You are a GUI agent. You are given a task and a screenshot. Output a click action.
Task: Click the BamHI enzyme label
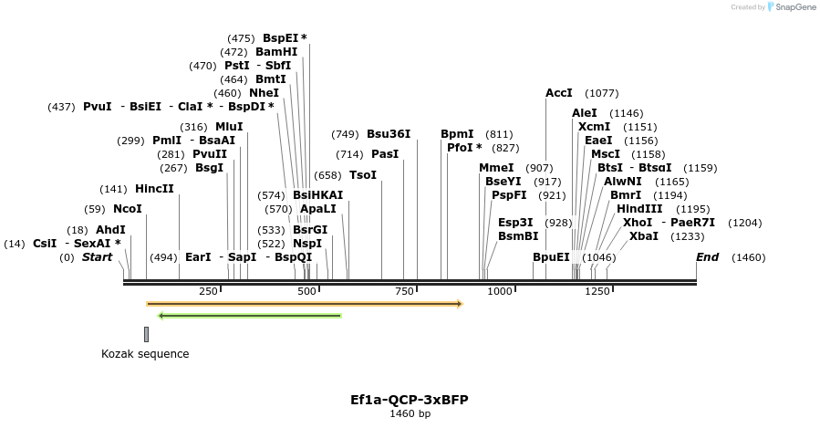click(x=276, y=52)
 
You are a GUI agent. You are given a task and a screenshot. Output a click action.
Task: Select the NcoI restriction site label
click(x=128, y=209)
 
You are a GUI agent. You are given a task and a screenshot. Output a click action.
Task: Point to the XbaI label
click(x=644, y=236)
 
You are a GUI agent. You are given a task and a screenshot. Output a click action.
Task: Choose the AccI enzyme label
click(x=559, y=93)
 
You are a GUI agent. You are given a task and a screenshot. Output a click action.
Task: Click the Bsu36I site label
click(x=389, y=134)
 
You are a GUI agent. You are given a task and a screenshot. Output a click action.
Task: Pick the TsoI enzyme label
click(x=363, y=175)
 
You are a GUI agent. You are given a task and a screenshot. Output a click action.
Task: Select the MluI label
click(x=229, y=127)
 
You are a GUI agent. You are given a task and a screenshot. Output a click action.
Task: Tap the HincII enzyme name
click(x=154, y=189)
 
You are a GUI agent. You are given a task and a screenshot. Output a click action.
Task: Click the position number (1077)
click(x=602, y=93)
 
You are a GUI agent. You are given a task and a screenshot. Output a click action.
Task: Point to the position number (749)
click(x=345, y=134)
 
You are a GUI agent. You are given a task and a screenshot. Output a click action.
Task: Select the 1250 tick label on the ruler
click(x=597, y=291)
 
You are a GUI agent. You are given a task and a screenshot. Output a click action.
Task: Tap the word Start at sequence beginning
click(x=97, y=257)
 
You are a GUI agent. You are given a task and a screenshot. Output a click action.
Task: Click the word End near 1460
click(x=707, y=257)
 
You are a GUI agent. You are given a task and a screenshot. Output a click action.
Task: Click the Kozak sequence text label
click(x=145, y=354)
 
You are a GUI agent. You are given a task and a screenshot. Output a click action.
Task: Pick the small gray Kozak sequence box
click(x=146, y=334)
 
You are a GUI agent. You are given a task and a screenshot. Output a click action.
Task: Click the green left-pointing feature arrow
click(x=250, y=316)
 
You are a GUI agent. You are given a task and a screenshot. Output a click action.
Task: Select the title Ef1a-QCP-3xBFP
click(x=410, y=400)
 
